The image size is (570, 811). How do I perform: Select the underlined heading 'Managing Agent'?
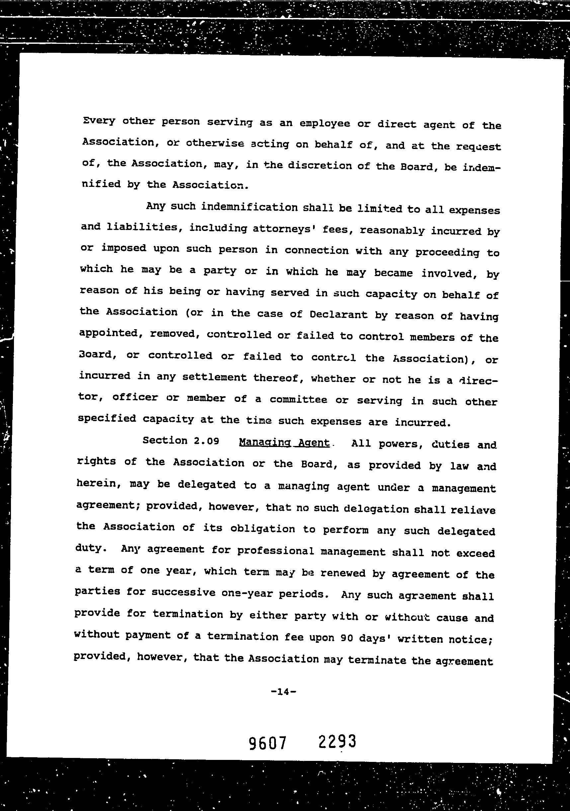pyautogui.click(x=284, y=443)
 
